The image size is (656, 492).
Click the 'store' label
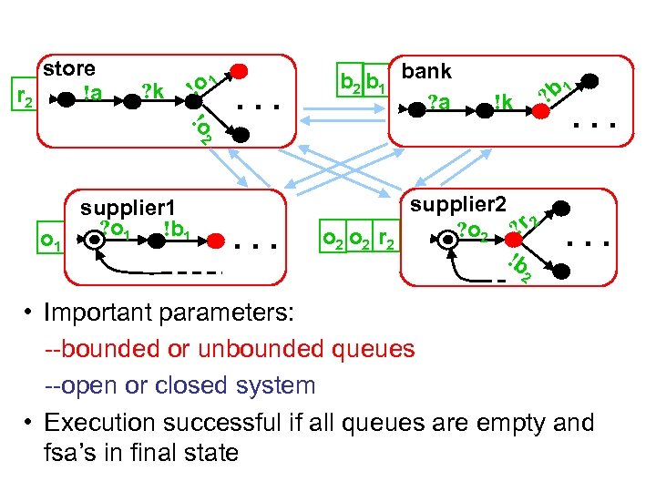coord(69,68)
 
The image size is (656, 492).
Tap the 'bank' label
coord(426,71)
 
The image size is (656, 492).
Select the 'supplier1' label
coord(128,209)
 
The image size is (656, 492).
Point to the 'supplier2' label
coord(458,205)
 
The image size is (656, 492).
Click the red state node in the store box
coord(239,71)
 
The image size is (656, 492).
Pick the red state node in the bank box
coord(540,111)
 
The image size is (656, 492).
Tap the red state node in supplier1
coord(216,241)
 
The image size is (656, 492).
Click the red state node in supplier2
coord(513,240)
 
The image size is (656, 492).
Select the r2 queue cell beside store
coord(25,94)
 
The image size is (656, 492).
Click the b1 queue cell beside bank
coord(375,80)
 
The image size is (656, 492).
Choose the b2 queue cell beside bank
coord(350,80)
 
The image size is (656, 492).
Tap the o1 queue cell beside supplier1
coord(51,237)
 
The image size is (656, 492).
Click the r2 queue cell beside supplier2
coord(386,236)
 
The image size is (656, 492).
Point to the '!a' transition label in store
coord(92,93)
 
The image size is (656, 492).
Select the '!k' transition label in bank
coord(503,102)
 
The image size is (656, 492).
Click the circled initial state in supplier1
coord(94,241)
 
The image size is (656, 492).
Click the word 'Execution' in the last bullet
coord(99,423)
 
